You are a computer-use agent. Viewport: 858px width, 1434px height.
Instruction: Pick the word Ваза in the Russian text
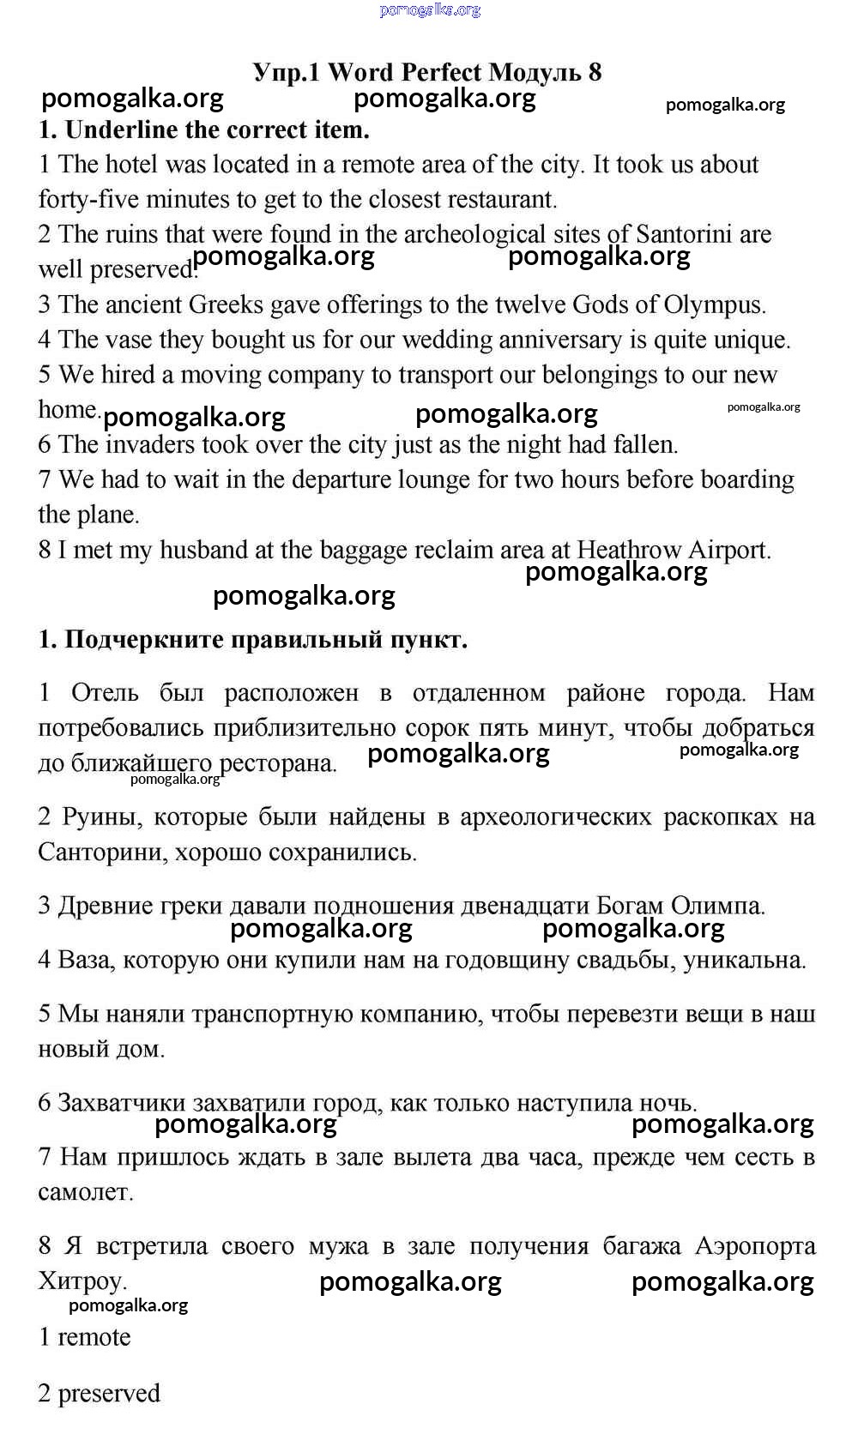pos(84,960)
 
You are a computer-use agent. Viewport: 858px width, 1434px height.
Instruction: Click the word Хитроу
pos(82,1281)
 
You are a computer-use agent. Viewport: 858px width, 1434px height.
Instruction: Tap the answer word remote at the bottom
pos(94,1337)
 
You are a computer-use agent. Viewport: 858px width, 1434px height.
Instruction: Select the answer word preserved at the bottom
pos(109,1394)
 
